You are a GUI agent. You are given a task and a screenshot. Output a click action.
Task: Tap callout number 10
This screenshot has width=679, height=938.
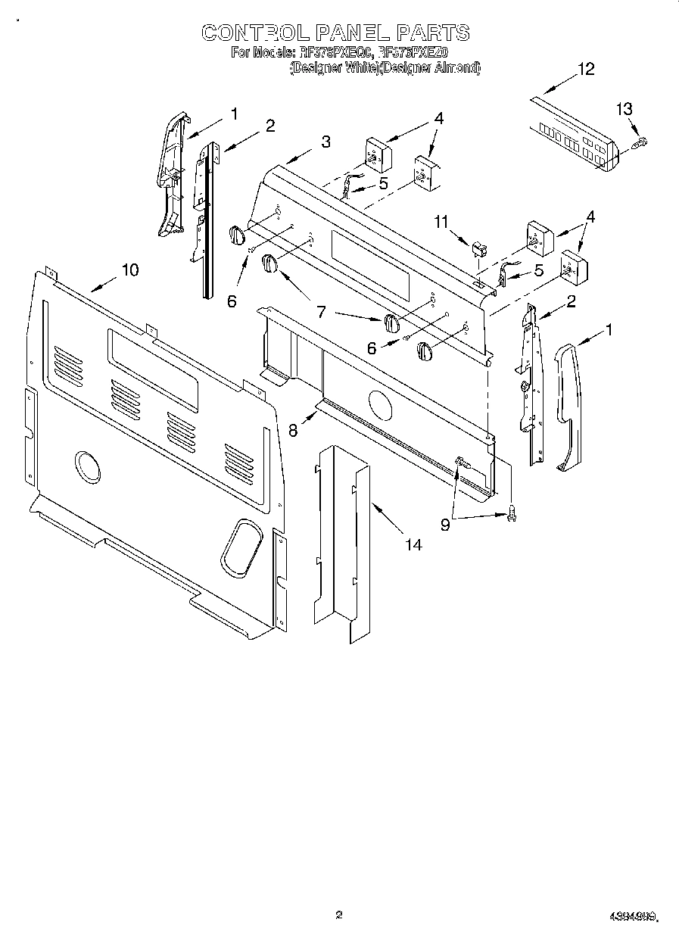coord(130,270)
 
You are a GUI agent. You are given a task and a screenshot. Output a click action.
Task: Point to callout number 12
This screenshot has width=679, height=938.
coord(586,69)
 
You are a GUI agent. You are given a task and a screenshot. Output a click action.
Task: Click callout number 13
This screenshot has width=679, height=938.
coord(623,109)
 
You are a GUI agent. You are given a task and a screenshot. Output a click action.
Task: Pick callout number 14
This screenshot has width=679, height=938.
coord(413,544)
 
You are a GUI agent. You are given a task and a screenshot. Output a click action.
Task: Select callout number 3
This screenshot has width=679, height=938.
coord(325,141)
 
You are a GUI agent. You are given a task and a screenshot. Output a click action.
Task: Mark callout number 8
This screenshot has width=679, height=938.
coord(293,428)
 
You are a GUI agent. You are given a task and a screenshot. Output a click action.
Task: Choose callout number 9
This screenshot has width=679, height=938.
coord(445,524)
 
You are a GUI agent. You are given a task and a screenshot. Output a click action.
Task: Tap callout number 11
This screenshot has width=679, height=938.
coord(442,222)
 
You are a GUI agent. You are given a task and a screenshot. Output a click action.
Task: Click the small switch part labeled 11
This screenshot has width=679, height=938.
coord(478,248)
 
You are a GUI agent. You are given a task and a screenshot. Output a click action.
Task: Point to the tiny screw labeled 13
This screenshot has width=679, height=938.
coord(640,142)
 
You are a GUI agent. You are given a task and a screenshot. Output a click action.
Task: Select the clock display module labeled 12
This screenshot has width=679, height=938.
coord(574,135)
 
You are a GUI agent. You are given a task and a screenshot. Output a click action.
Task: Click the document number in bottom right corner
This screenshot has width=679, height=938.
coord(633,917)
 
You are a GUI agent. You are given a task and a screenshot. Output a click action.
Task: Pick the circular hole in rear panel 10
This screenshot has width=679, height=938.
coord(88,466)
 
